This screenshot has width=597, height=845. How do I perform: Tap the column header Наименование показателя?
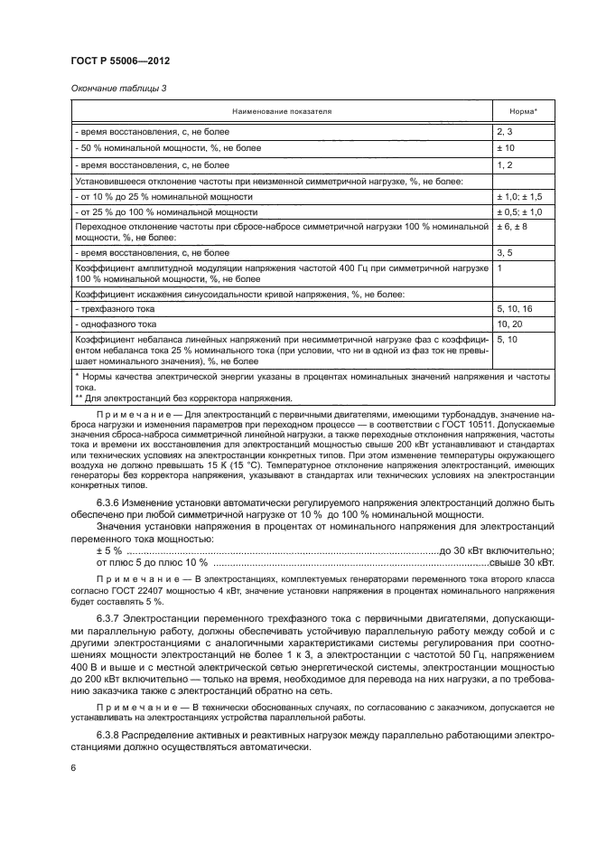282,111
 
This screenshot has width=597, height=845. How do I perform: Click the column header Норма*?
523,111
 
